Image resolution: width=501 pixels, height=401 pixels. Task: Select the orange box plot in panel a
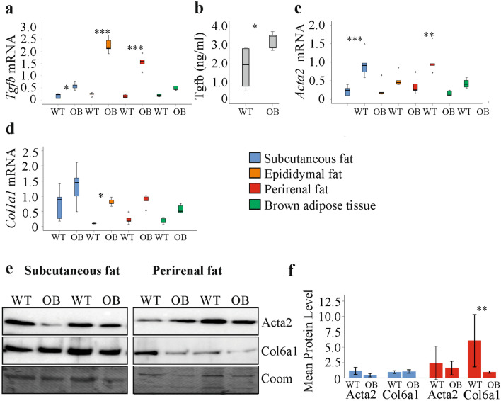click(109, 45)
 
